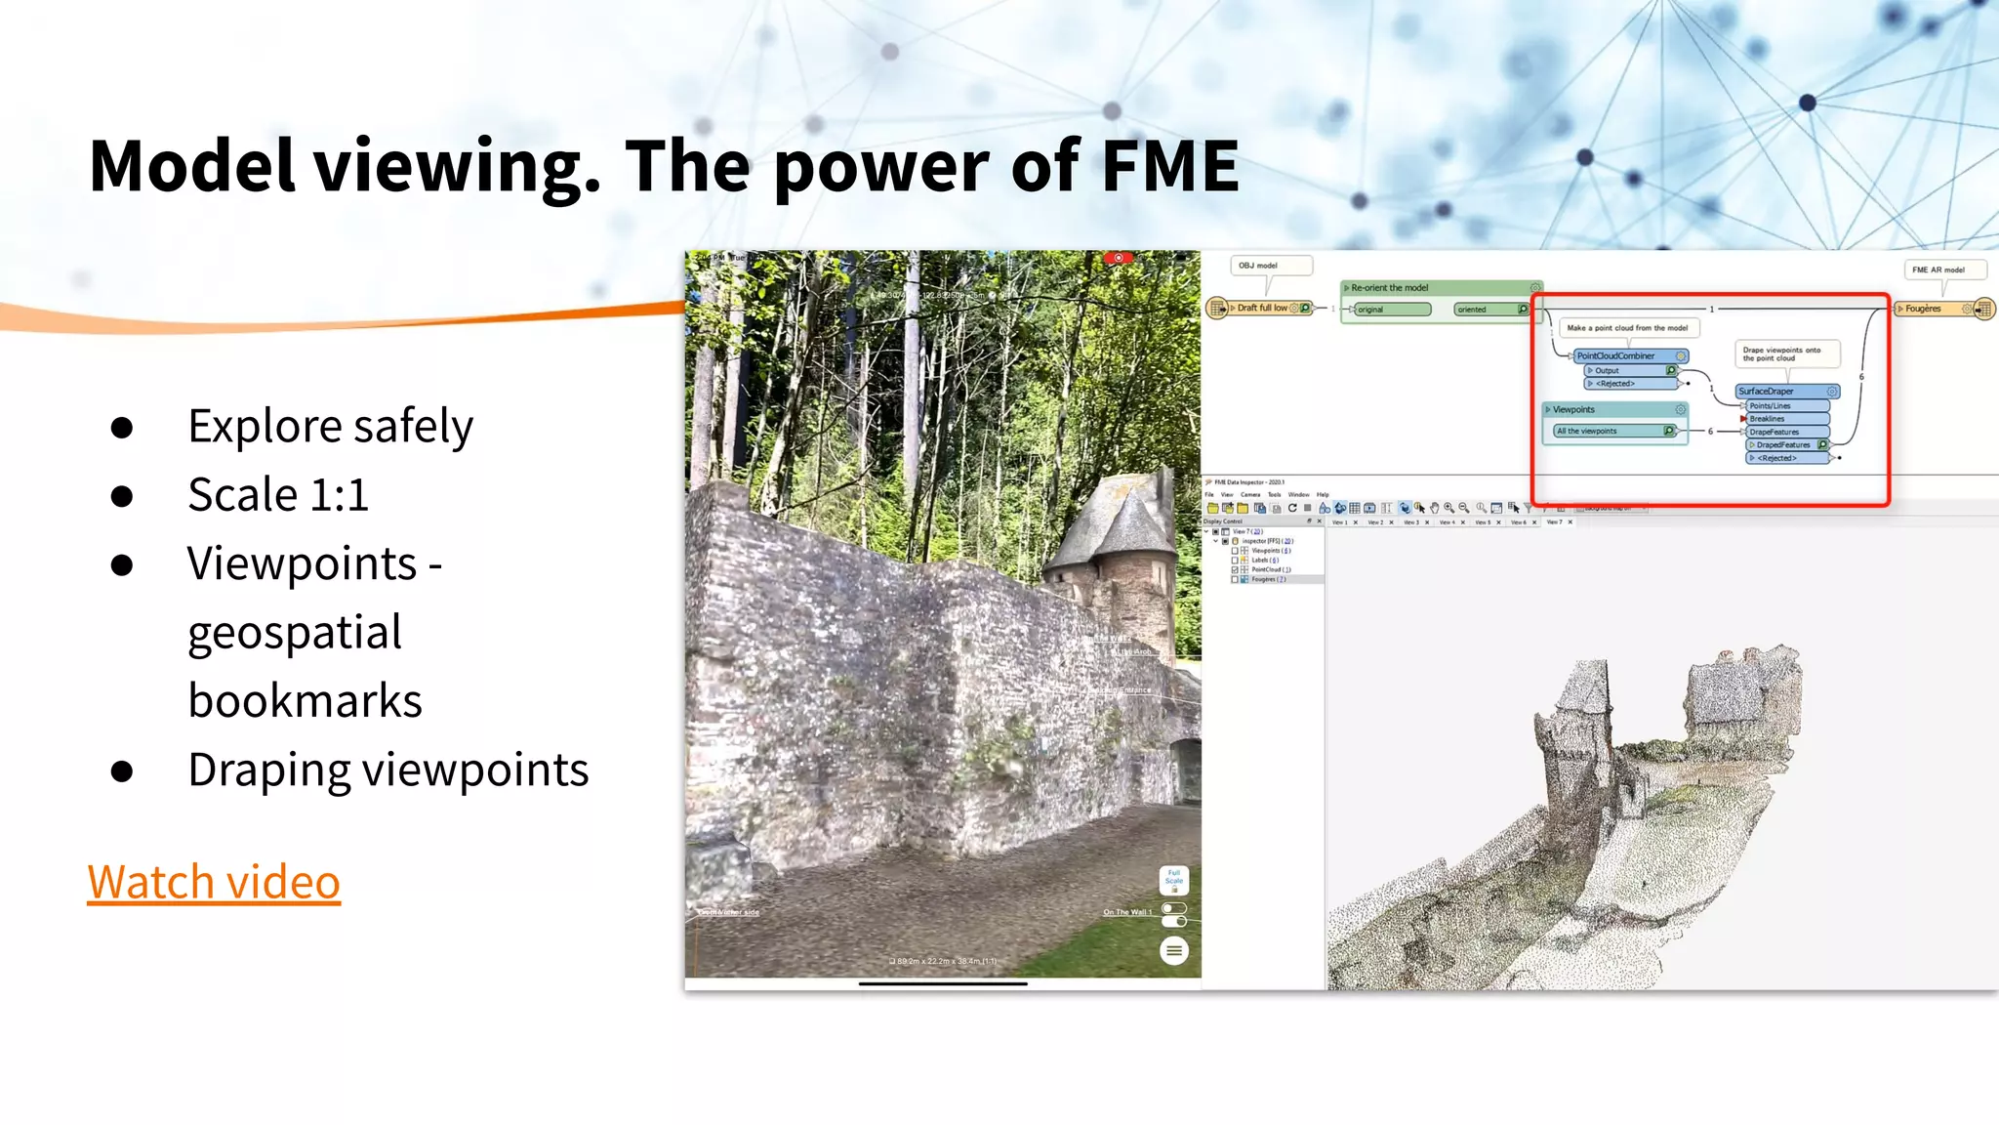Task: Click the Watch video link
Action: coord(214,882)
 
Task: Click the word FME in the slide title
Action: coord(1169,166)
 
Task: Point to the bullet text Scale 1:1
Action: coord(278,494)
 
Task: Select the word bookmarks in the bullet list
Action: coord(305,700)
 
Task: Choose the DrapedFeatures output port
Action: coord(1783,444)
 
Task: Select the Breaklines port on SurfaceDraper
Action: coord(1768,418)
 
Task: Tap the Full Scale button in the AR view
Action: coord(1173,879)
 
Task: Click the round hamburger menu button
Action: coord(1173,950)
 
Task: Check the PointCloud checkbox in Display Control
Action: coord(1235,569)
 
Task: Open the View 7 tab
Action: coord(1554,522)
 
